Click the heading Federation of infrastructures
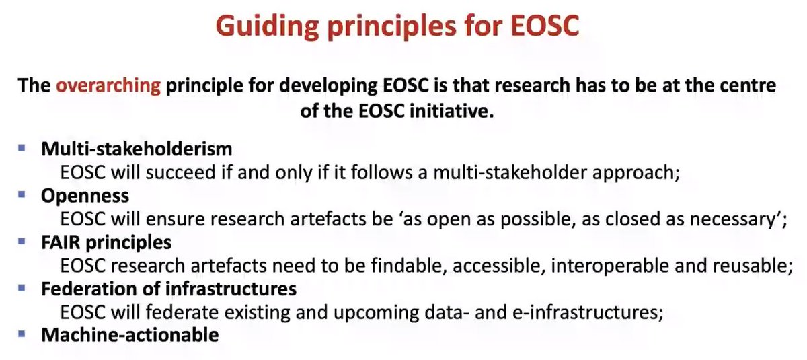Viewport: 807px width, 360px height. [169, 288]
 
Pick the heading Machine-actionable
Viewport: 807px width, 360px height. [130, 334]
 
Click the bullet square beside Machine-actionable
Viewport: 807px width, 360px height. [22, 333]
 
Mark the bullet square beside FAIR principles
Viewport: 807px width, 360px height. [22, 240]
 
